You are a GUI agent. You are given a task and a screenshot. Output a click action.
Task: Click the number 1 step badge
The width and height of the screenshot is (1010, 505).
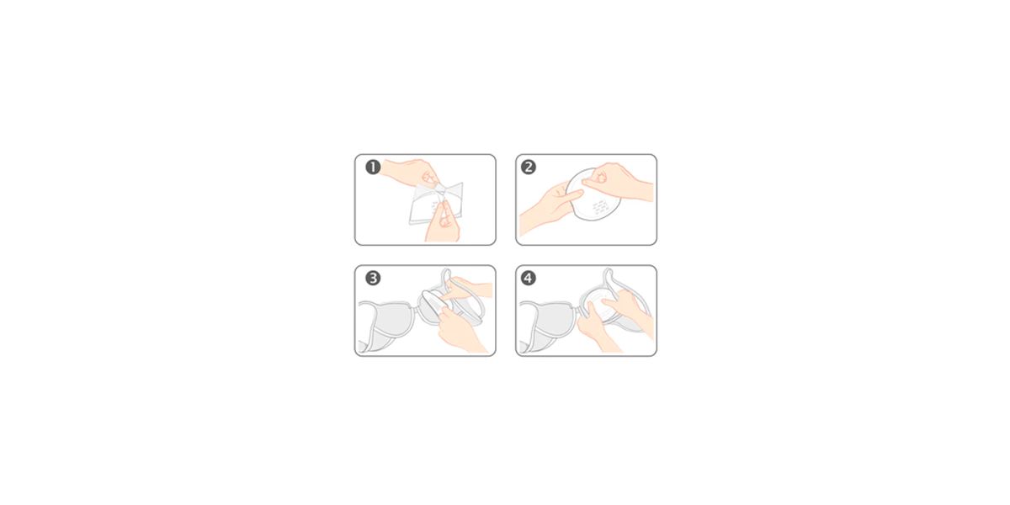pos(373,167)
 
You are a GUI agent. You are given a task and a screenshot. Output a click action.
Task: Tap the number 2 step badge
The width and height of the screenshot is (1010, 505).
pos(529,167)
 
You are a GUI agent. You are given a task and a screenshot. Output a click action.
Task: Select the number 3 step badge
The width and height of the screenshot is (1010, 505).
pos(373,278)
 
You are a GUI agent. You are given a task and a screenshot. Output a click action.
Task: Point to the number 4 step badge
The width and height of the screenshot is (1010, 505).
pos(529,278)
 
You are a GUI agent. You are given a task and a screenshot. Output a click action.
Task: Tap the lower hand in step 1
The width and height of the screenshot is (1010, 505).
pos(442,224)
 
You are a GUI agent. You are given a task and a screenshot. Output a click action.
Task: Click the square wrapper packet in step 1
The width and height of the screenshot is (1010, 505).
pos(436,203)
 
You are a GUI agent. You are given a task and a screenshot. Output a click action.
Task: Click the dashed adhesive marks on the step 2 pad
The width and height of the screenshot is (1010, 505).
pos(601,206)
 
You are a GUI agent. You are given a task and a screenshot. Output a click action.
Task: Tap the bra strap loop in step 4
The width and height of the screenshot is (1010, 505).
pos(628,293)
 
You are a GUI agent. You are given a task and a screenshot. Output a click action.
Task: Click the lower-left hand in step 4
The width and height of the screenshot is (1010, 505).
pos(598,332)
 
